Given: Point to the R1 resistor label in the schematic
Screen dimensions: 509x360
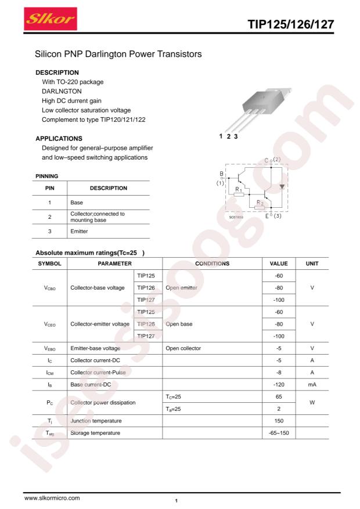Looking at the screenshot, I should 238,189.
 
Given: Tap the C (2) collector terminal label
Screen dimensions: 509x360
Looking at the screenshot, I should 272,160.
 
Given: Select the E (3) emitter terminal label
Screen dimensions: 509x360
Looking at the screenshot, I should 272,216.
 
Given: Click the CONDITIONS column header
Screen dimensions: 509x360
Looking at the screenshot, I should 213,263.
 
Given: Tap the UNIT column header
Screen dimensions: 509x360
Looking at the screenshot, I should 312,263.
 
